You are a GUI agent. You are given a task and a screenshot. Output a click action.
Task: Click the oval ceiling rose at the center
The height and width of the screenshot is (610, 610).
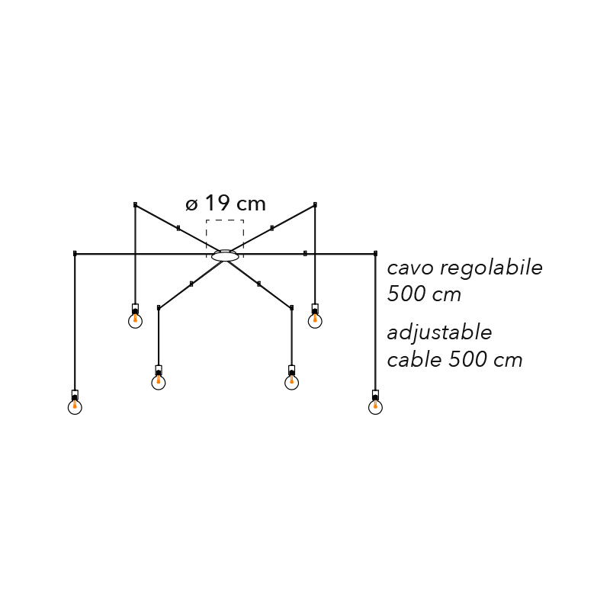click(225, 255)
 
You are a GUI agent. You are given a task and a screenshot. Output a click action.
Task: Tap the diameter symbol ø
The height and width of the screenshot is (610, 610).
click(191, 204)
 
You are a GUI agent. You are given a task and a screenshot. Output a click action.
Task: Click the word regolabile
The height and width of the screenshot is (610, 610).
click(491, 268)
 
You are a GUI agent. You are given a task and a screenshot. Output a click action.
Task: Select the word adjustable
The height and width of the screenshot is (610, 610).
click(440, 333)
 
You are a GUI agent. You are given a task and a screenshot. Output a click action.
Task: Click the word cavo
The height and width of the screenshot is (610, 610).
click(410, 268)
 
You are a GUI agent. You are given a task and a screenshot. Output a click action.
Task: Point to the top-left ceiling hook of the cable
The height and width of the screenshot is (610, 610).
click(135, 204)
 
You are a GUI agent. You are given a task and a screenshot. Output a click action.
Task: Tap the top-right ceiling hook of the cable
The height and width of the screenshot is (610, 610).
click(315, 204)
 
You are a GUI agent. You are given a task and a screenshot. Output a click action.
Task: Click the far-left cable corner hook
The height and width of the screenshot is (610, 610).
click(75, 254)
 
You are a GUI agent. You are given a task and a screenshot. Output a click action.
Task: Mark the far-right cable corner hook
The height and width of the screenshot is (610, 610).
click(375, 254)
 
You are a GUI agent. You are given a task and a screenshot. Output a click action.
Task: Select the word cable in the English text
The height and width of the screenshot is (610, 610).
click(414, 359)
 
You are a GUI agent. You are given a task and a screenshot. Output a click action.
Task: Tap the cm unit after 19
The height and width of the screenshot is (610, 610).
click(252, 205)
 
